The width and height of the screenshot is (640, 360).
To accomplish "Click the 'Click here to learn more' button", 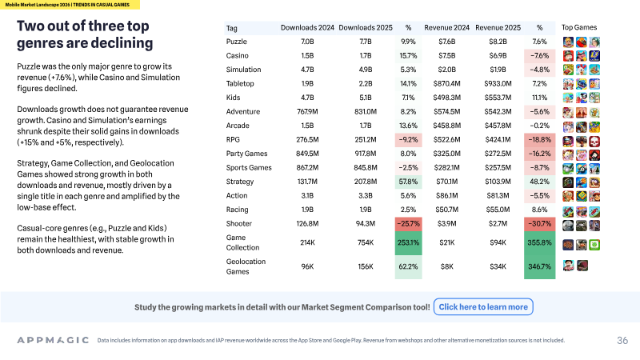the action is point(483,307).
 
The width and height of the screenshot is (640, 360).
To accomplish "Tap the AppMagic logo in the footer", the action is point(53,340).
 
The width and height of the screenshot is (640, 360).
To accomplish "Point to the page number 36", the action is point(622,341).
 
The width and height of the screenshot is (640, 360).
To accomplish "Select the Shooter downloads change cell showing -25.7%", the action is point(408,224).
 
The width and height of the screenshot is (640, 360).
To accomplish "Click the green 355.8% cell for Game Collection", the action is point(539,242).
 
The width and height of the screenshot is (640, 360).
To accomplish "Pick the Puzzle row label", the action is point(236,42).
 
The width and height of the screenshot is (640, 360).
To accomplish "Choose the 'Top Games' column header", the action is point(578,27).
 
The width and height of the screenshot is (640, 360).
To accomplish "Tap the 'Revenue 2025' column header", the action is point(498,28).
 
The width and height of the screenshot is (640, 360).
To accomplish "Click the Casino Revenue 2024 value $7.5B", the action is point(447,55).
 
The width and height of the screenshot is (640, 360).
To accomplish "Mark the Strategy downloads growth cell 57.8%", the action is point(408,182).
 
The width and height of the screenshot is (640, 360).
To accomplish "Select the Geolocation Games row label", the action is point(246,266).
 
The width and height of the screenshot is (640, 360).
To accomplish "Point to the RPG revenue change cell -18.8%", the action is point(539,139).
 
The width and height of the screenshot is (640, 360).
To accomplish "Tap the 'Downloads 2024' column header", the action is point(307,28).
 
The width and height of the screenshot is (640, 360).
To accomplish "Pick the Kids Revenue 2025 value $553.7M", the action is point(498,98).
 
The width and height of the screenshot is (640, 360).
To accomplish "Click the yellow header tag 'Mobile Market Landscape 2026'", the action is point(38,5).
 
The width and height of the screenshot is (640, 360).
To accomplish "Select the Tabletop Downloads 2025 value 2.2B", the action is point(366,84).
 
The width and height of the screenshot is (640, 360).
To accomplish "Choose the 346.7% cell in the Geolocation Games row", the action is point(539,266).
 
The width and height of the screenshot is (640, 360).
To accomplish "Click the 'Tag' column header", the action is point(231,28).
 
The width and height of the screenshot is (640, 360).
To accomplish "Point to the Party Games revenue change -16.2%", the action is point(539,154).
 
